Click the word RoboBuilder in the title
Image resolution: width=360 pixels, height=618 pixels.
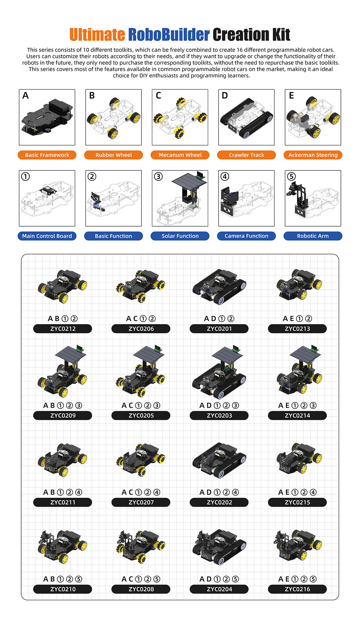pyautogui.click(x=168, y=35)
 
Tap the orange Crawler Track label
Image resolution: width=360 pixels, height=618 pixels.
pyautogui.click(x=247, y=155)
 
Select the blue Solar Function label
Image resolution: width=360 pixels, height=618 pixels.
pyautogui.click(x=180, y=236)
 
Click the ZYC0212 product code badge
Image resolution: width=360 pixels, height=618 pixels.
pyautogui.click(x=63, y=328)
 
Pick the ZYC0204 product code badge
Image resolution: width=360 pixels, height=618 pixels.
pyautogui.click(x=219, y=589)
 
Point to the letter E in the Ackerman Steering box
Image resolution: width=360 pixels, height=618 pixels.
pyautogui.click(x=291, y=95)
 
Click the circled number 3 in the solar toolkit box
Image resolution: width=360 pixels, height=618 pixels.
pyautogui.click(x=158, y=176)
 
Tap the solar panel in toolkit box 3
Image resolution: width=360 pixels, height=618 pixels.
pyautogui.click(x=189, y=180)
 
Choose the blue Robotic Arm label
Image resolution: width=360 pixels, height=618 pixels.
pyautogui.click(x=313, y=236)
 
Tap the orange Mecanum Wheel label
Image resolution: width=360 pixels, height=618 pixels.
pyautogui.click(x=180, y=155)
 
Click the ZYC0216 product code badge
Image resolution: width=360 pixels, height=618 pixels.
pyautogui.click(x=297, y=589)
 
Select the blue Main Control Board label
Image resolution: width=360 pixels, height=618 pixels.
pyautogui.click(x=47, y=236)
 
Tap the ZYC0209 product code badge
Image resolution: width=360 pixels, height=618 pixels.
pyautogui.click(x=63, y=415)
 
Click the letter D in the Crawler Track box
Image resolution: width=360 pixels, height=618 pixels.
pyautogui.click(x=225, y=95)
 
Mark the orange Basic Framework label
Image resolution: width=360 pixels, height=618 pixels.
pyautogui.click(x=47, y=155)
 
